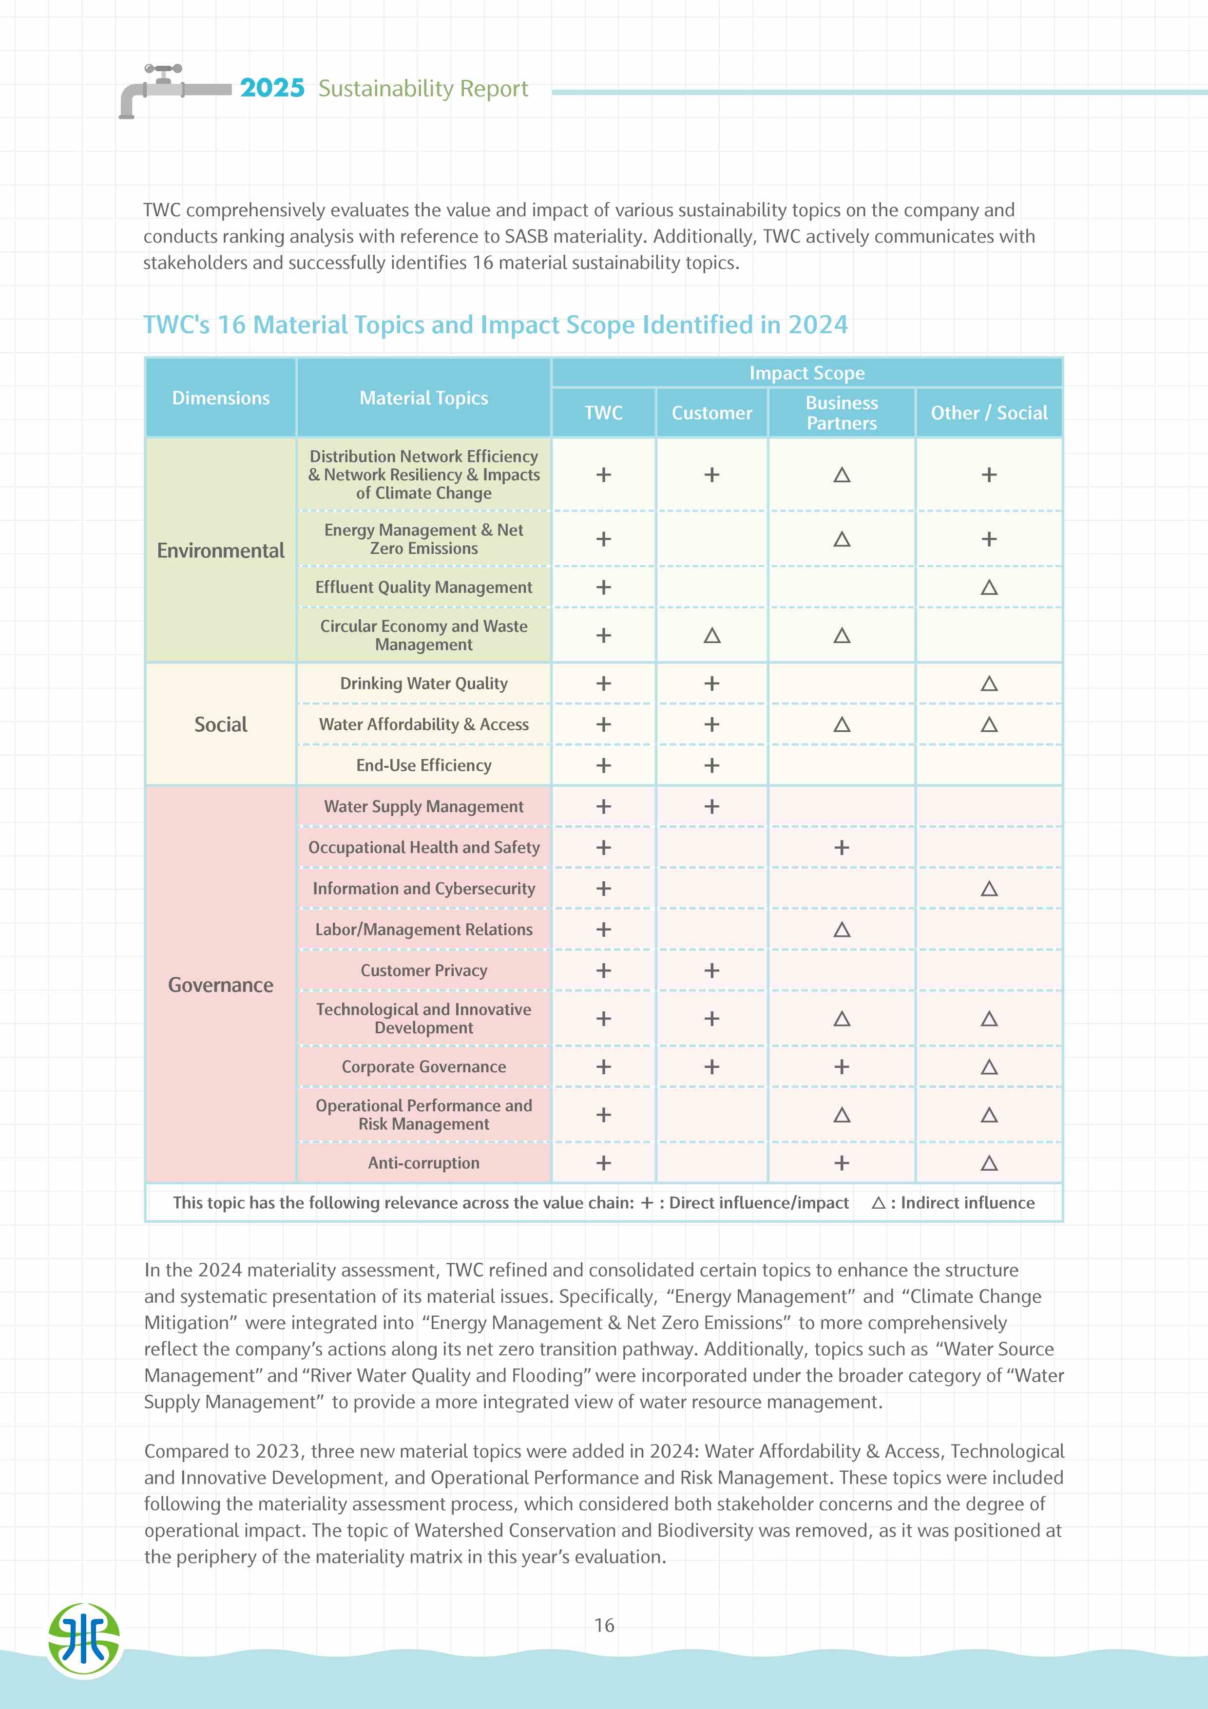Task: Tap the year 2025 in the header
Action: (x=272, y=88)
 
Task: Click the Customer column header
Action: (x=711, y=412)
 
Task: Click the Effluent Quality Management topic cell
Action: (x=423, y=587)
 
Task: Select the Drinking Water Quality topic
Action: (x=423, y=684)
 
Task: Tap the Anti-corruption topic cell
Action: (x=423, y=1163)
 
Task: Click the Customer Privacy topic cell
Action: (x=423, y=970)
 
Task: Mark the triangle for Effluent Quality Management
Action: (x=988, y=587)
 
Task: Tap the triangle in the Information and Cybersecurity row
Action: (x=988, y=889)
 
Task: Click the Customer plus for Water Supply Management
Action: (x=711, y=807)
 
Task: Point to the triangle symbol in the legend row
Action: (x=878, y=1203)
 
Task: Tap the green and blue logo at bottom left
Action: (x=84, y=1640)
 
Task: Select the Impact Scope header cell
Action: (x=807, y=373)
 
